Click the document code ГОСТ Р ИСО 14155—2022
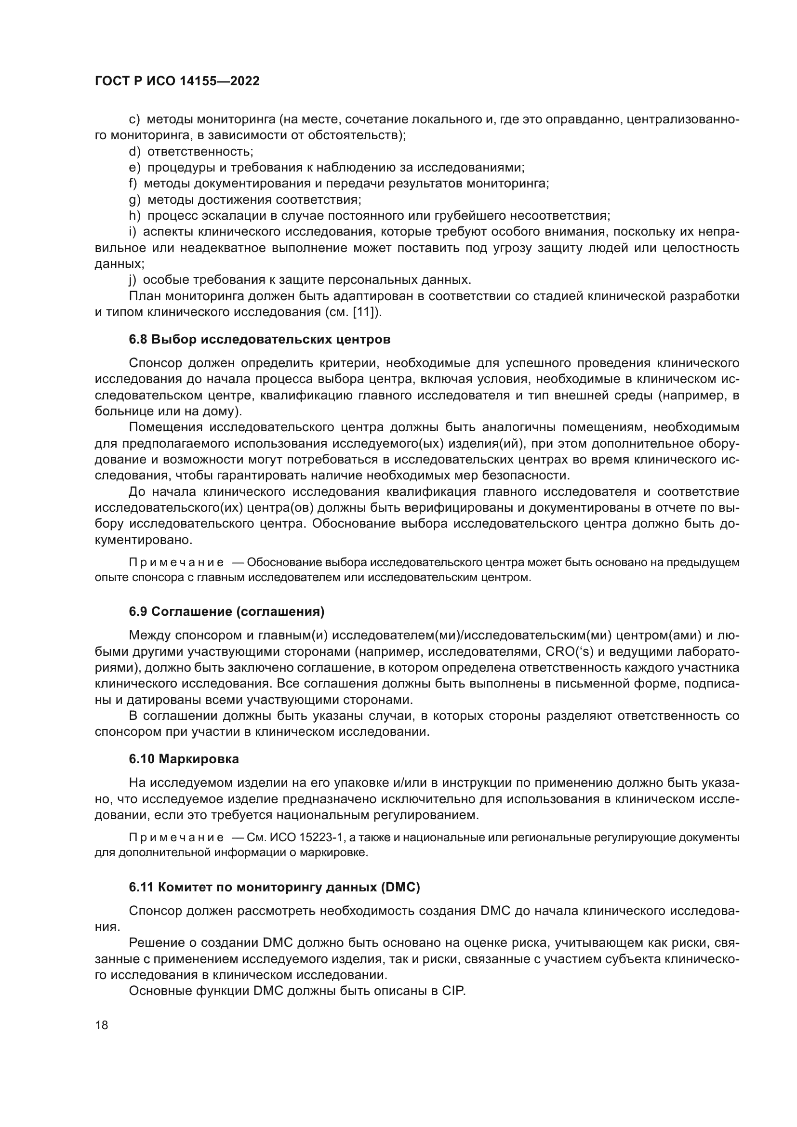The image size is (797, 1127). coord(177,81)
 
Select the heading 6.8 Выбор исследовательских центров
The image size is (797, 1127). coord(260,339)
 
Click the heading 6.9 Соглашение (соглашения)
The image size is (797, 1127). coord(227,611)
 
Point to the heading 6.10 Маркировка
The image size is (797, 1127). coord(184,759)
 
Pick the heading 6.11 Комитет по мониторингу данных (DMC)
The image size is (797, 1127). coord(274,887)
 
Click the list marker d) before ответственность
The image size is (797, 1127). coord(134,152)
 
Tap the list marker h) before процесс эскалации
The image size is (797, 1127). coord(134,215)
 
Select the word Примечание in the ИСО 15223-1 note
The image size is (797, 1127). coord(176,837)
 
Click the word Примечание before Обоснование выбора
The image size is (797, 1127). coord(176,562)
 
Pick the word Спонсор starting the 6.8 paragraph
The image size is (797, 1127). coord(156,363)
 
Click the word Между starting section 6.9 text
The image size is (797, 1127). coord(150,636)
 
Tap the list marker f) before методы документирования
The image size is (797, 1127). coord(133,184)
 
